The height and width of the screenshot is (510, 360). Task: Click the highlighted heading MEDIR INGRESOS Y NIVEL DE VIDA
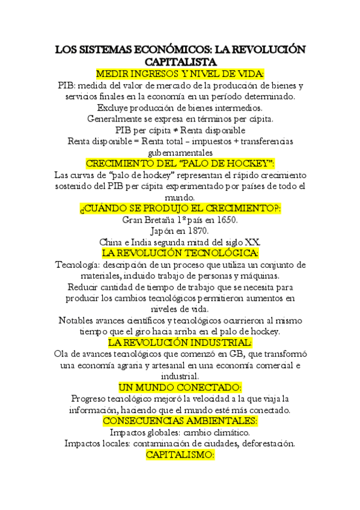[x=180, y=73]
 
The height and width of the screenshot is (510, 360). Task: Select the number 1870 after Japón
[x=197, y=230]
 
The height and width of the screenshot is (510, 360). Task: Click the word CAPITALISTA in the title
[x=180, y=62]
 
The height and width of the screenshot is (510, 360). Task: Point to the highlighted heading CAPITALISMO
[x=180, y=455]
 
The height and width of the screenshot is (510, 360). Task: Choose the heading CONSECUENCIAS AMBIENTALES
[x=180, y=421]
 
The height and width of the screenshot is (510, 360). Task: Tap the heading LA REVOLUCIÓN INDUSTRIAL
[x=180, y=342]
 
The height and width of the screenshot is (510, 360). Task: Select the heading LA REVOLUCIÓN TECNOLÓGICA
[x=180, y=253]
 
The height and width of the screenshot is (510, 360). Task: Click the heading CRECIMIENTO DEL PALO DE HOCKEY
[x=180, y=164]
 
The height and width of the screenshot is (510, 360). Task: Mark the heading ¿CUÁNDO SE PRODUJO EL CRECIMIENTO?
[x=180, y=208]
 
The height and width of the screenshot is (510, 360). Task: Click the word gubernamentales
[x=180, y=152]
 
